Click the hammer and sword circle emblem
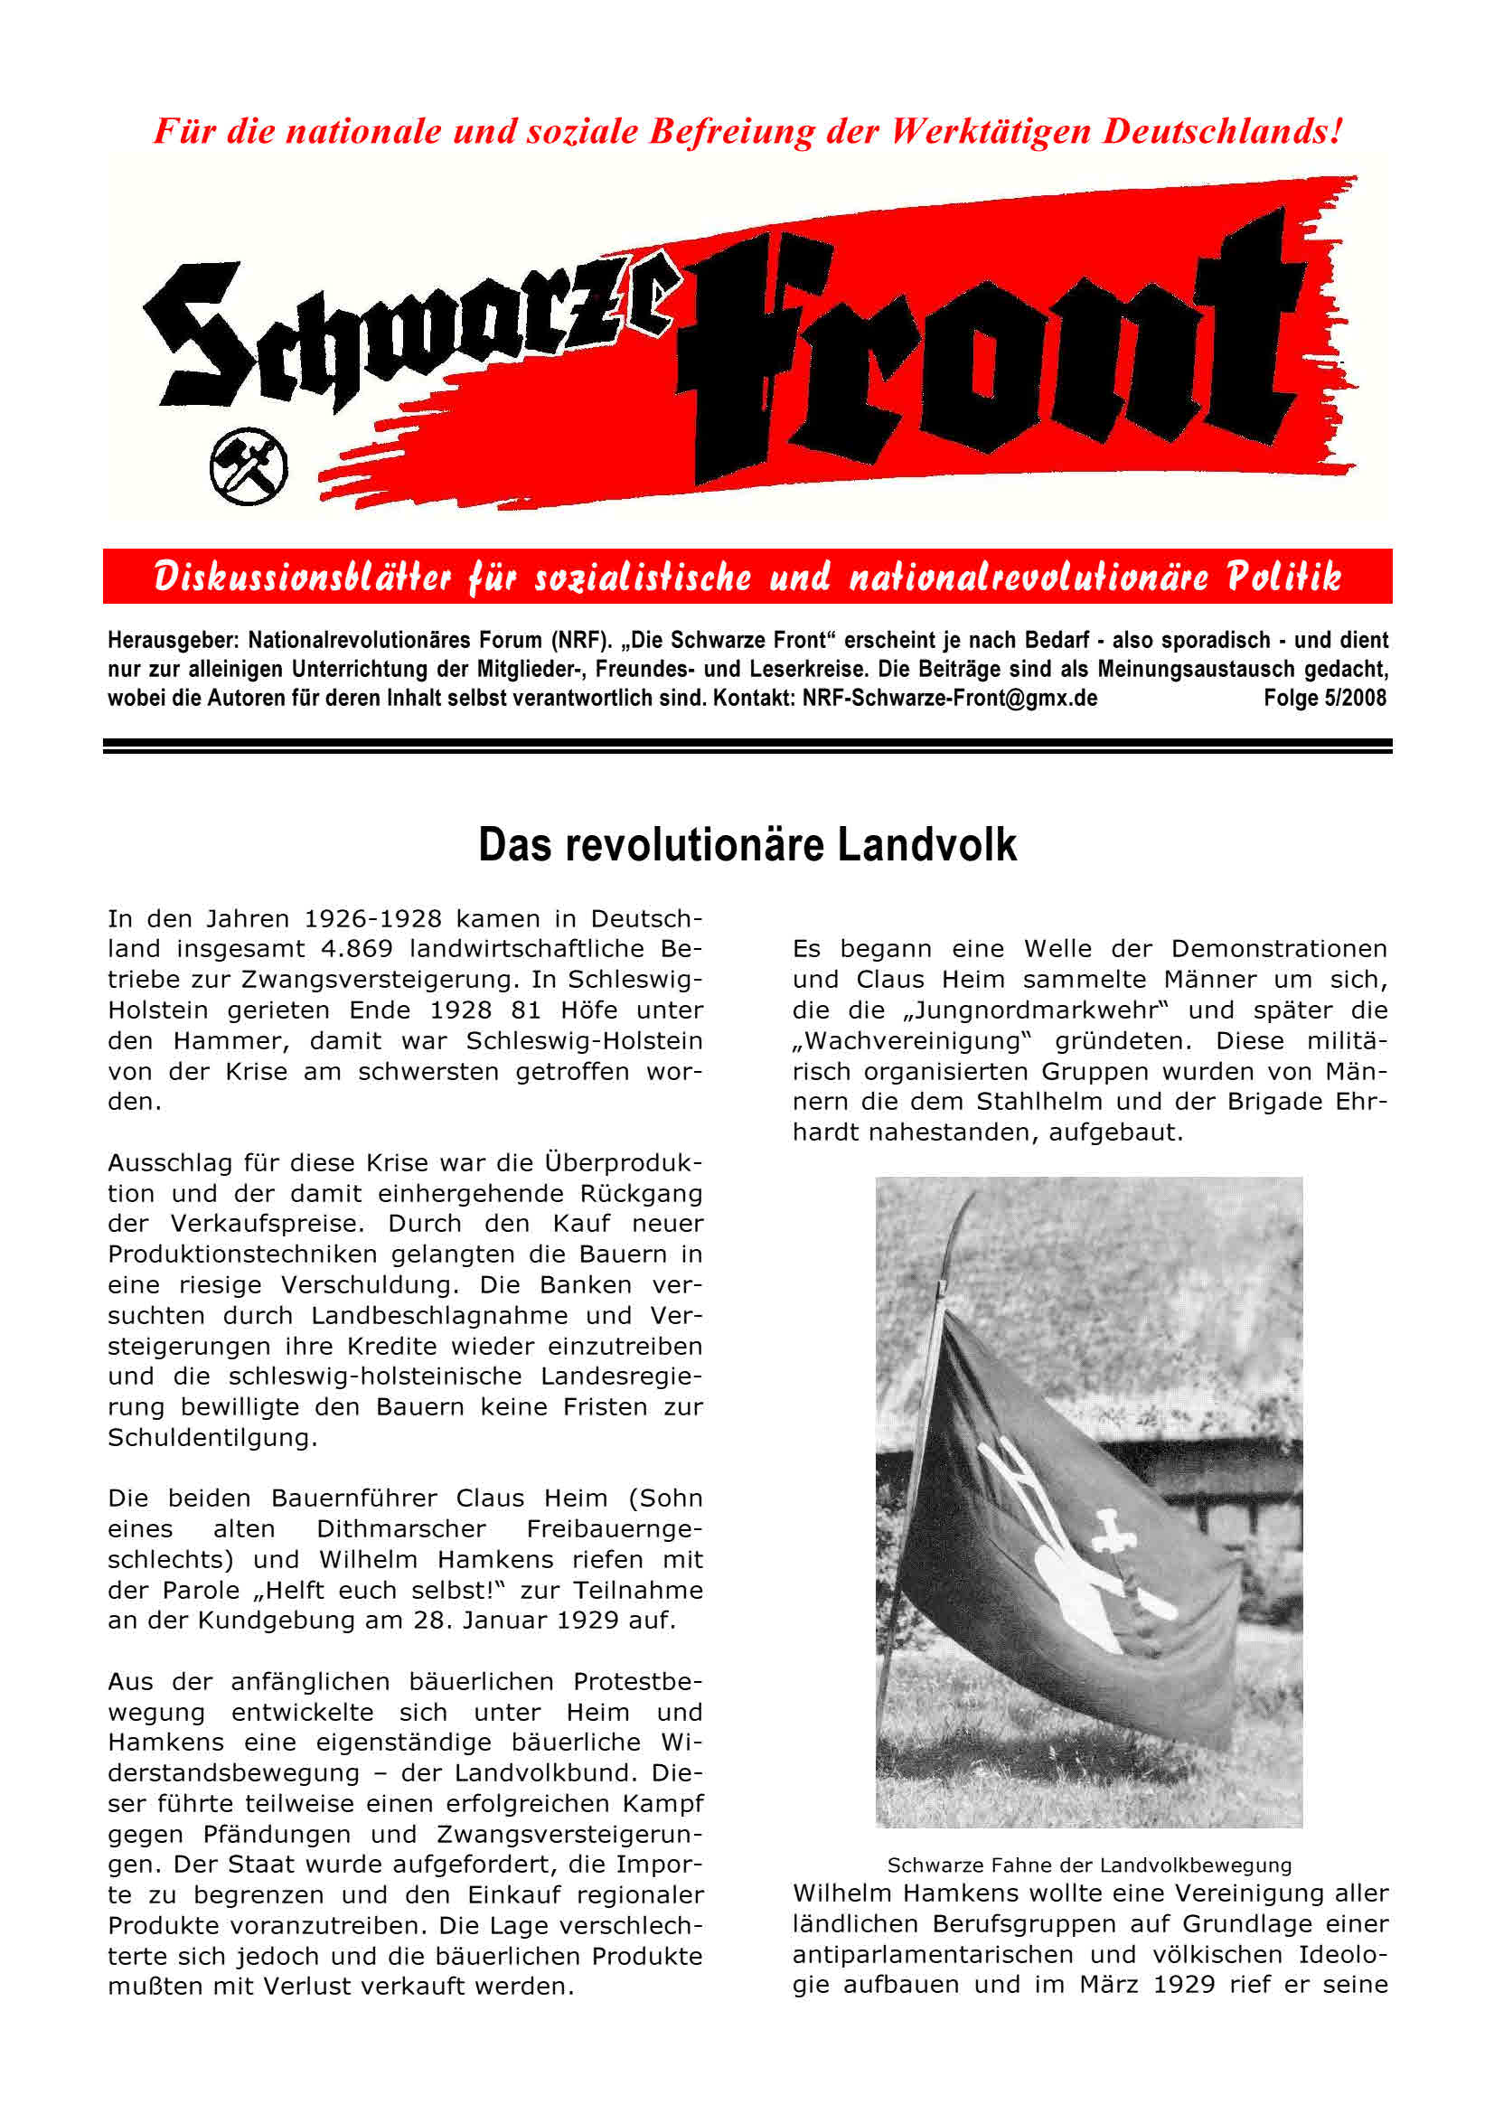pos(248,465)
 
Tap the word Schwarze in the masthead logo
pos(405,332)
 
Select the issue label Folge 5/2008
pos(1324,698)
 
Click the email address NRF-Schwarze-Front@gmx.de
pos(949,698)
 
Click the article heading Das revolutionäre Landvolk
pos(747,845)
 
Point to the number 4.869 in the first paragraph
pos(356,948)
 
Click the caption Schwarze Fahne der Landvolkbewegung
pos(1089,1865)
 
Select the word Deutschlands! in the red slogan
pos(1223,131)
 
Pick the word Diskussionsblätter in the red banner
pos(303,578)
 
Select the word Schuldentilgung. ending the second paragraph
pos(212,1437)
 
